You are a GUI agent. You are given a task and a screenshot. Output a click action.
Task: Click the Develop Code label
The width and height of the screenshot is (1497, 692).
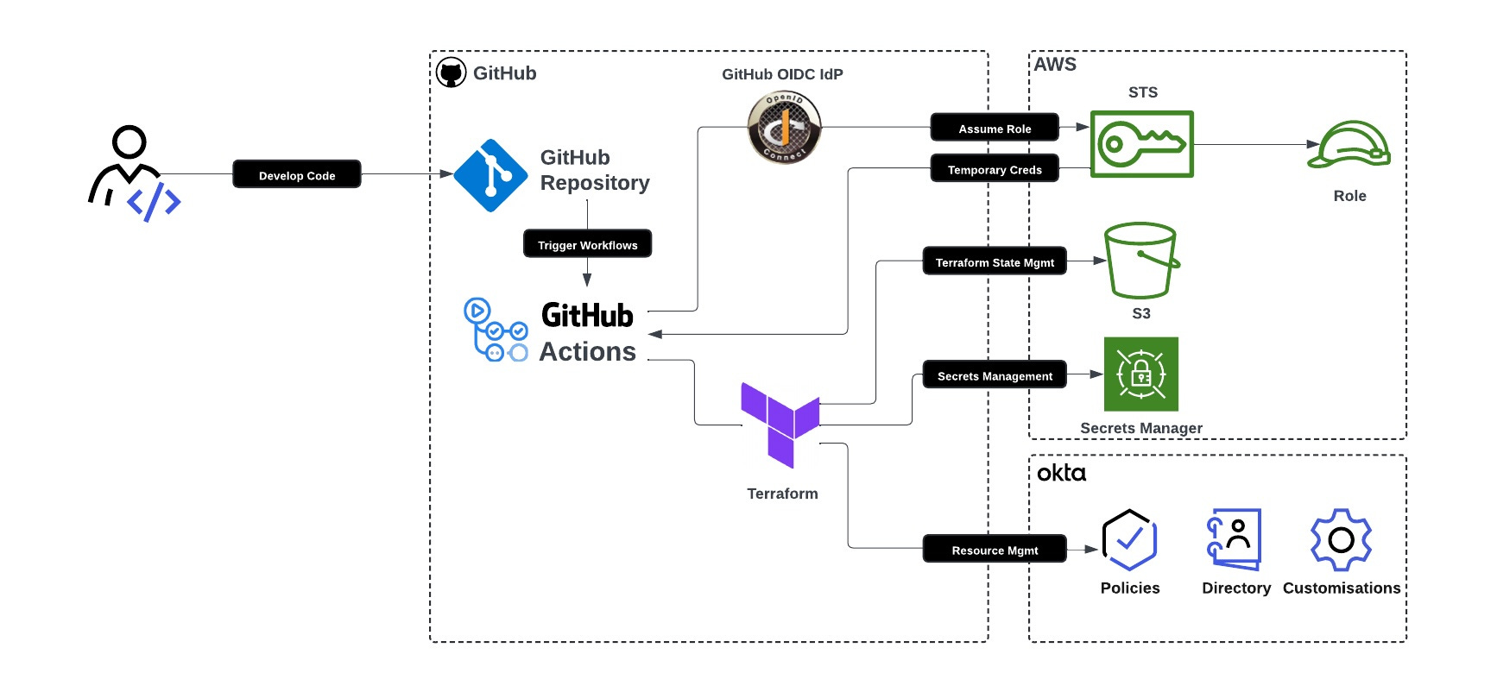pyautogui.click(x=297, y=174)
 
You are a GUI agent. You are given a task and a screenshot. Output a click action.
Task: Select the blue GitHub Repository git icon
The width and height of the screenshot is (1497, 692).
pyautogui.click(x=490, y=175)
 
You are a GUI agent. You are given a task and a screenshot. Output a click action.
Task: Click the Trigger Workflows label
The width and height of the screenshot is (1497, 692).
pyautogui.click(x=587, y=244)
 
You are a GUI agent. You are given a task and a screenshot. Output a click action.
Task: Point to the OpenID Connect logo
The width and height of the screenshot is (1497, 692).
pyautogui.click(x=784, y=128)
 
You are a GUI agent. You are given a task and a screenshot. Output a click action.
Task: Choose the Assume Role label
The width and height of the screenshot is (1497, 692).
pyautogui.click(x=995, y=128)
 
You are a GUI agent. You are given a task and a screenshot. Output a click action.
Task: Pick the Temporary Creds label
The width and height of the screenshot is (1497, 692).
pyautogui.click(x=995, y=169)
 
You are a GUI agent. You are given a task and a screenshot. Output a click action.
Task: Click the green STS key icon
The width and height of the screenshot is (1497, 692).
pyautogui.click(x=1141, y=144)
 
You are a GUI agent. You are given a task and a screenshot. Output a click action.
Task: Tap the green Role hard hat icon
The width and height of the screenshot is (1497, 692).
pyautogui.click(x=1349, y=145)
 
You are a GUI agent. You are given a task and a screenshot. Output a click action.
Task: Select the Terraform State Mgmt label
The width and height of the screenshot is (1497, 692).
pyautogui.click(x=995, y=261)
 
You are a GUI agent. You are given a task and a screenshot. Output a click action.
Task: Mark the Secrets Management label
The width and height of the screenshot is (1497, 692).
pyautogui.click(x=995, y=375)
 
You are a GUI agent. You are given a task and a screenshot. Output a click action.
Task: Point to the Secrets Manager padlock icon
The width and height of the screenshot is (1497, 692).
pyautogui.click(x=1141, y=374)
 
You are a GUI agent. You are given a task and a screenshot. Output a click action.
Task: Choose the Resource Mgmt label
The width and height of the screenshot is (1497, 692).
pyautogui.click(x=995, y=550)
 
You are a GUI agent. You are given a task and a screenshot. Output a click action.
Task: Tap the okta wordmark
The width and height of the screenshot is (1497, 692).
pyautogui.click(x=1061, y=473)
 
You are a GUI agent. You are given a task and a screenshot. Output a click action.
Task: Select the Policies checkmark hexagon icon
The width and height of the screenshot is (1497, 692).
pyautogui.click(x=1129, y=540)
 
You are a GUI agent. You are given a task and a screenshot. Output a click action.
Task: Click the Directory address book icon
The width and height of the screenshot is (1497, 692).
pyautogui.click(x=1235, y=539)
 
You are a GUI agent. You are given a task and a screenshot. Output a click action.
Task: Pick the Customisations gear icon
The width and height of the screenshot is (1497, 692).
pyautogui.click(x=1341, y=540)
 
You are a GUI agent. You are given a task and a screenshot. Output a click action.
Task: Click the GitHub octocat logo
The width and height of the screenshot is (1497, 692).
pyautogui.click(x=451, y=73)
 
